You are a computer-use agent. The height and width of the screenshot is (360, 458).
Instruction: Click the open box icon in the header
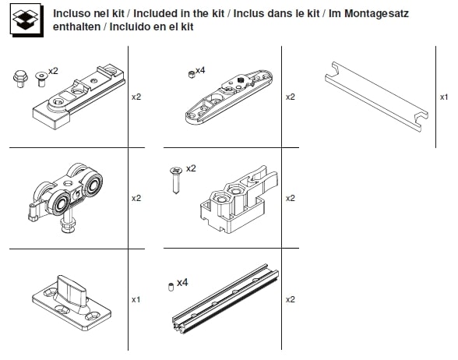[26, 20]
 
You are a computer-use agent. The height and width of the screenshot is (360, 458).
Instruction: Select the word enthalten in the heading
[76, 26]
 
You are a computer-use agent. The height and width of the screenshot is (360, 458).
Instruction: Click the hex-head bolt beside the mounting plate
[20, 79]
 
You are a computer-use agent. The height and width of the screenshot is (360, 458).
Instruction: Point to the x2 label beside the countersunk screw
[53, 71]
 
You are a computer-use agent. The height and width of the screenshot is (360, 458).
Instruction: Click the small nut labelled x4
[192, 75]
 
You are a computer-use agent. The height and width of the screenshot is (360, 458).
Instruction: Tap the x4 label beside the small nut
[200, 70]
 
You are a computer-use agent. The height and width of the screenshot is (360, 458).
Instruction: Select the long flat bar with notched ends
[377, 97]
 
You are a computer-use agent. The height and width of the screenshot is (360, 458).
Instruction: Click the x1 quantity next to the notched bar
[444, 97]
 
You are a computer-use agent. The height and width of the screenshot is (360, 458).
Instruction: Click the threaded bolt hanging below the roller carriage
[68, 222]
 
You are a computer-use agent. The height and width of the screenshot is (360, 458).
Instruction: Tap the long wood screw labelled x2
[176, 180]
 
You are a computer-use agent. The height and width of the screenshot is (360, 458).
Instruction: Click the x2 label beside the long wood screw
[191, 168]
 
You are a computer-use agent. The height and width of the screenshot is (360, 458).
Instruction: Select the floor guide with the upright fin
[72, 302]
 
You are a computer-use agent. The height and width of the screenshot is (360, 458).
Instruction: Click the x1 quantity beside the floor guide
[136, 299]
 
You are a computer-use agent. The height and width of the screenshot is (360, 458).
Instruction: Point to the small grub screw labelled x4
[171, 287]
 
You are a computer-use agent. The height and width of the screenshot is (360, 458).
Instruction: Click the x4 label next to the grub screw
[182, 283]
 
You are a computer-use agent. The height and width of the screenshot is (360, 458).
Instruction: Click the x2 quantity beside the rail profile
[291, 299]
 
